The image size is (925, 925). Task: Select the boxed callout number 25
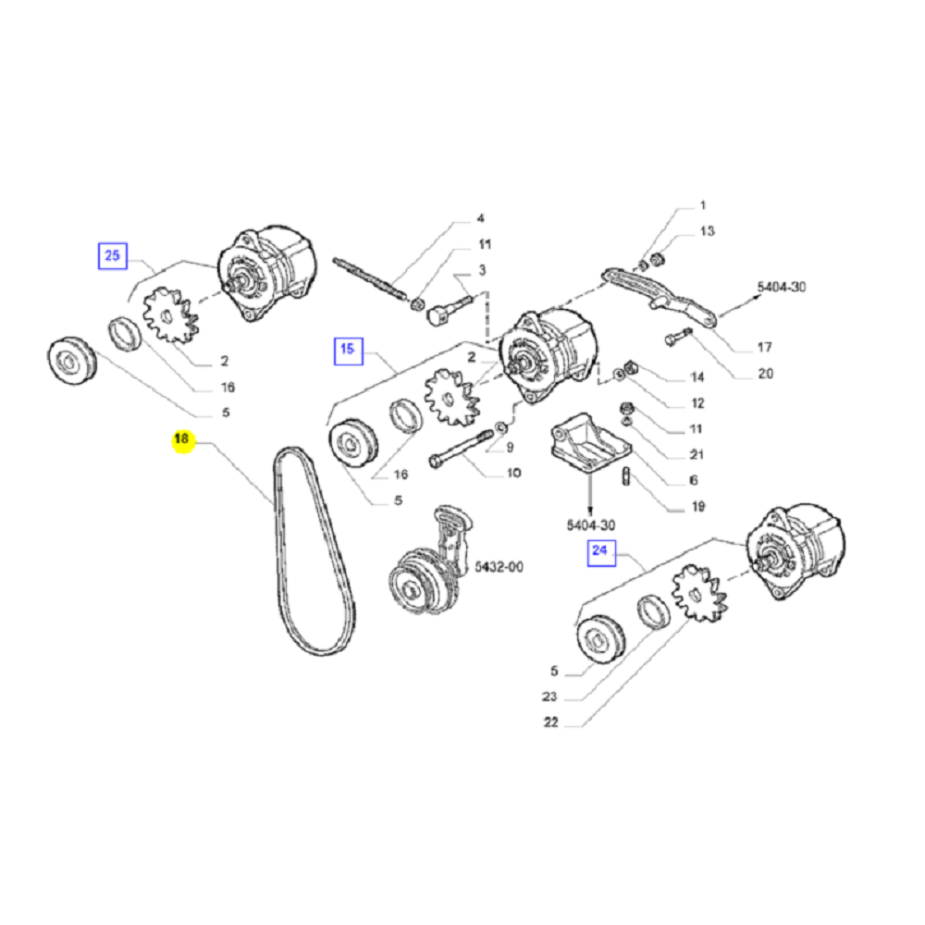tap(112, 255)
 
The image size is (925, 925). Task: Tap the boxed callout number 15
tap(347, 349)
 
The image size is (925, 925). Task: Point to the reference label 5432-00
tap(499, 567)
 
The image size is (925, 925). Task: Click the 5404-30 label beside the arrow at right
tap(782, 288)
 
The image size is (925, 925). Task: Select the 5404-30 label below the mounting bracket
tap(591, 524)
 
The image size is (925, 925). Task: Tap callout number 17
tap(764, 348)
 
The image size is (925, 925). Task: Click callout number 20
tap(765, 374)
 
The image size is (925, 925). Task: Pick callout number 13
tap(707, 230)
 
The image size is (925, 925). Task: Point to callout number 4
tap(480, 219)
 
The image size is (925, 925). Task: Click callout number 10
tap(513, 473)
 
